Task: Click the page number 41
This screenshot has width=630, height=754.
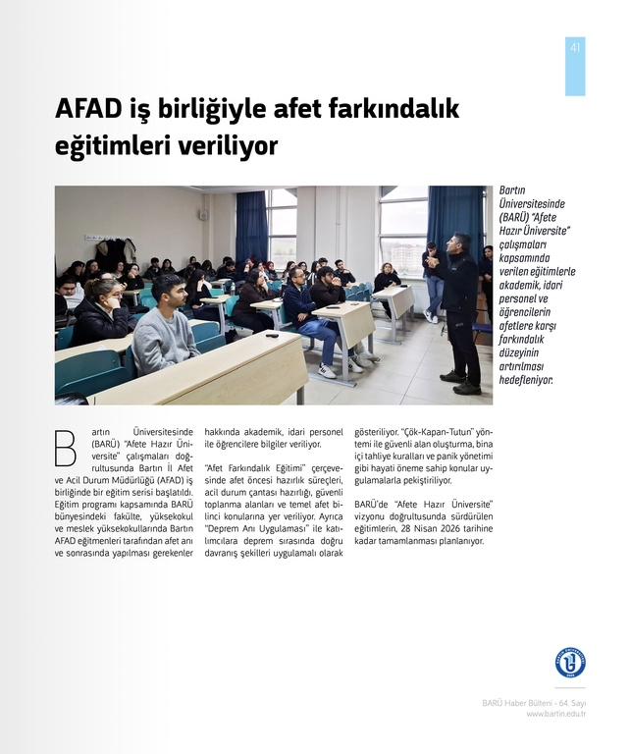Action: tap(575, 48)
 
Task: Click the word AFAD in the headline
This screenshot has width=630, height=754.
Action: tap(89, 109)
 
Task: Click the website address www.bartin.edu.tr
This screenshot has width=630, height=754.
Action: tap(555, 714)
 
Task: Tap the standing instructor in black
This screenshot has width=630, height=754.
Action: tap(457, 309)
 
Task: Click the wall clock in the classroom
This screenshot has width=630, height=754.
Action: tap(204, 214)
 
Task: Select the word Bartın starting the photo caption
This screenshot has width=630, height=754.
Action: tap(512, 190)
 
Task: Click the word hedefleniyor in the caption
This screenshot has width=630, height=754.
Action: tap(526, 379)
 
